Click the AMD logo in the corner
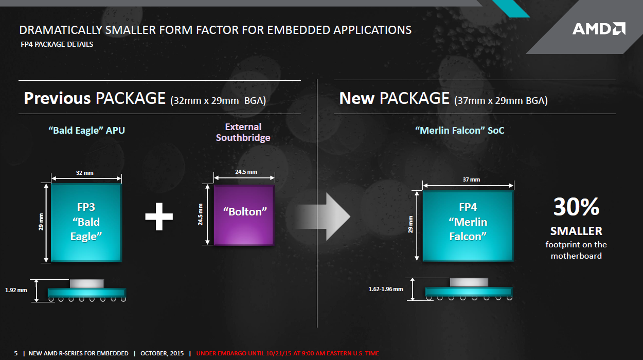tap(599, 28)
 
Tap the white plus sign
tap(159, 217)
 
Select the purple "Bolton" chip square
tap(244, 215)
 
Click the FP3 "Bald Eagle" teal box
tap(86, 223)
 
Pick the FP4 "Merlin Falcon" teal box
tap(468, 226)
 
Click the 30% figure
tap(576, 206)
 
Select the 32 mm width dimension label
tap(85, 173)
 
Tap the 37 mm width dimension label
tap(471, 179)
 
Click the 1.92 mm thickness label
tap(16, 290)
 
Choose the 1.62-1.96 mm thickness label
tap(386, 289)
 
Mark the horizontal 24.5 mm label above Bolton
tap(246, 172)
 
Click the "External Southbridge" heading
tap(243, 132)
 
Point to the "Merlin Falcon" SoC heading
tap(459, 130)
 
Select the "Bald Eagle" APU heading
tap(87, 130)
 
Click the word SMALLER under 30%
tap(576, 231)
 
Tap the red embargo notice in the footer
tap(288, 353)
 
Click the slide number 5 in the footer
tap(16, 353)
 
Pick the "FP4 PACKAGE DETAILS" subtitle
tap(57, 44)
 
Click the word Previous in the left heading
tap(58, 98)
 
